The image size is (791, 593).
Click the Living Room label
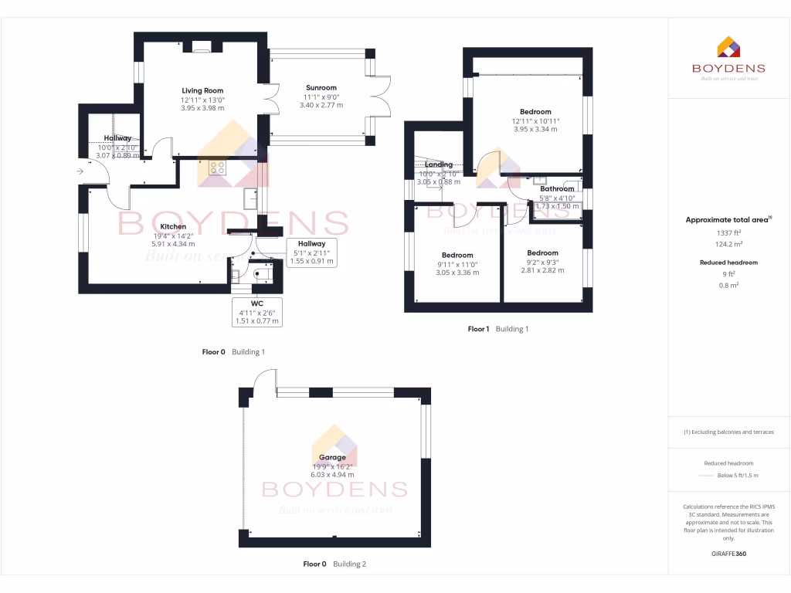coord(202,91)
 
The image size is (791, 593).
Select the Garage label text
coord(334,458)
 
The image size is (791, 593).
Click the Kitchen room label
coord(173,227)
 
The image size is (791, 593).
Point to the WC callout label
coord(257,304)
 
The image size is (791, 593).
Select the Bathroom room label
coord(557,189)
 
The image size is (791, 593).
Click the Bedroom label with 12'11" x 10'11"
coord(535,113)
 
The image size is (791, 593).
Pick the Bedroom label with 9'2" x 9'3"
coord(542,253)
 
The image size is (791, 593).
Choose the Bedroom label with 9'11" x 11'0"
coord(457,256)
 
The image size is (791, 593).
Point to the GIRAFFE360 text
coord(729,554)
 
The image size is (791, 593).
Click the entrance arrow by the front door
coord(80,171)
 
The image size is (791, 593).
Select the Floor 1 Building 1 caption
coord(497,329)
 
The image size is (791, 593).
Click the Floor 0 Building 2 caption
coord(334,564)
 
